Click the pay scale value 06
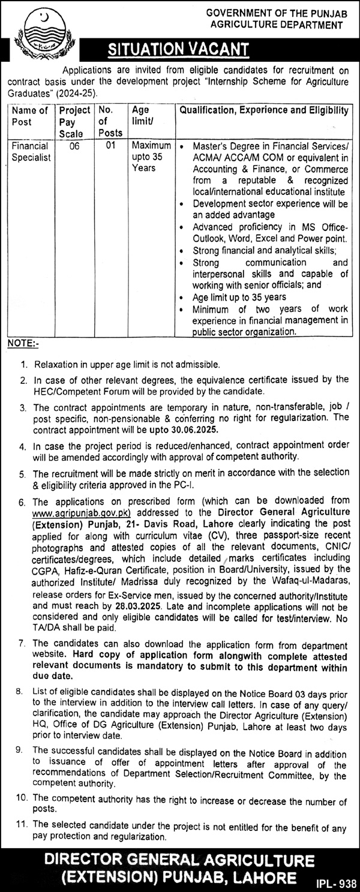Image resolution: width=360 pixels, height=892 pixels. pos(74,145)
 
